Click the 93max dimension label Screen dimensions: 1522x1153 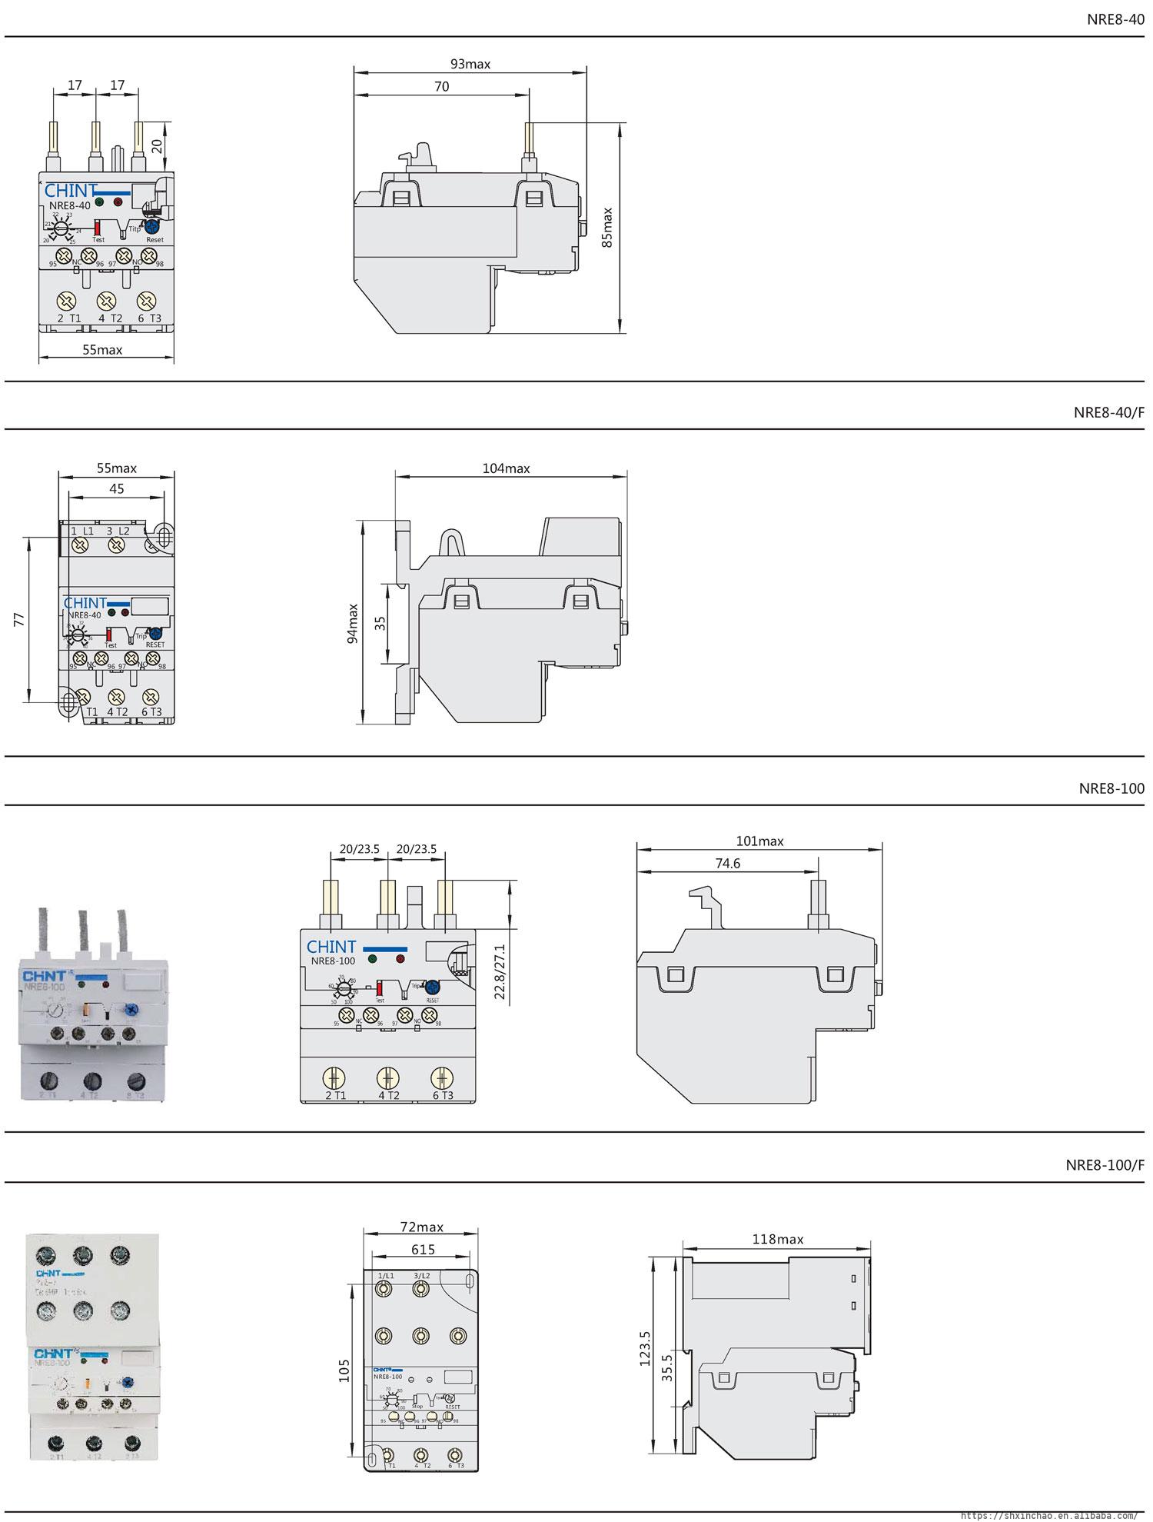pyautogui.click(x=470, y=64)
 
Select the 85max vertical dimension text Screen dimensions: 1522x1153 pyautogui.click(x=608, y=227)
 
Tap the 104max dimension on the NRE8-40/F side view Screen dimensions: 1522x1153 pyautogui.click(x=506, y=468)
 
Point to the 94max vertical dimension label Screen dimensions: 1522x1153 pyautogui.click(x=353, y=623)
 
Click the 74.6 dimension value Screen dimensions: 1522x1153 pyautogui.click(x=727, y=864)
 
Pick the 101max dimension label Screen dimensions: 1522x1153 pyautogui.click(x=759, y=841)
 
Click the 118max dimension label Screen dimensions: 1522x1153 pyautogui.click(x=779, y=1239)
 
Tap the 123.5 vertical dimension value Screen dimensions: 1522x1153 pyautogui.click(x=645, y=1349)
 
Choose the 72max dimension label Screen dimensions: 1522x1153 pyautogui.click(x=422, y=1227)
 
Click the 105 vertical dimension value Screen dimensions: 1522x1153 pyautogui.click(x=344, y=1370)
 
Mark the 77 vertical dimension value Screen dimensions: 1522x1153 pyautogui.click(x=21, y=619)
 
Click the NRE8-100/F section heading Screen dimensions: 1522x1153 pyautogui.click(x=1105, y=1164)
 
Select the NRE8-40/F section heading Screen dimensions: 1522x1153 pyautogui.click(x=1108, y=412)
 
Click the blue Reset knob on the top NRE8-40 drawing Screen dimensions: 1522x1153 pyautogui.click(x=152, y=227)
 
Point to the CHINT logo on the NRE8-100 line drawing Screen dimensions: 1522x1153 pyautogui.click(x=331, y=947)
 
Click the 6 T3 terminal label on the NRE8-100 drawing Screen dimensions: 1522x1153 pyautogui.click(x=443, y=1095)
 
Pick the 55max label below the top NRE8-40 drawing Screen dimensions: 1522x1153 pyautogui.click(x=102, y=350)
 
